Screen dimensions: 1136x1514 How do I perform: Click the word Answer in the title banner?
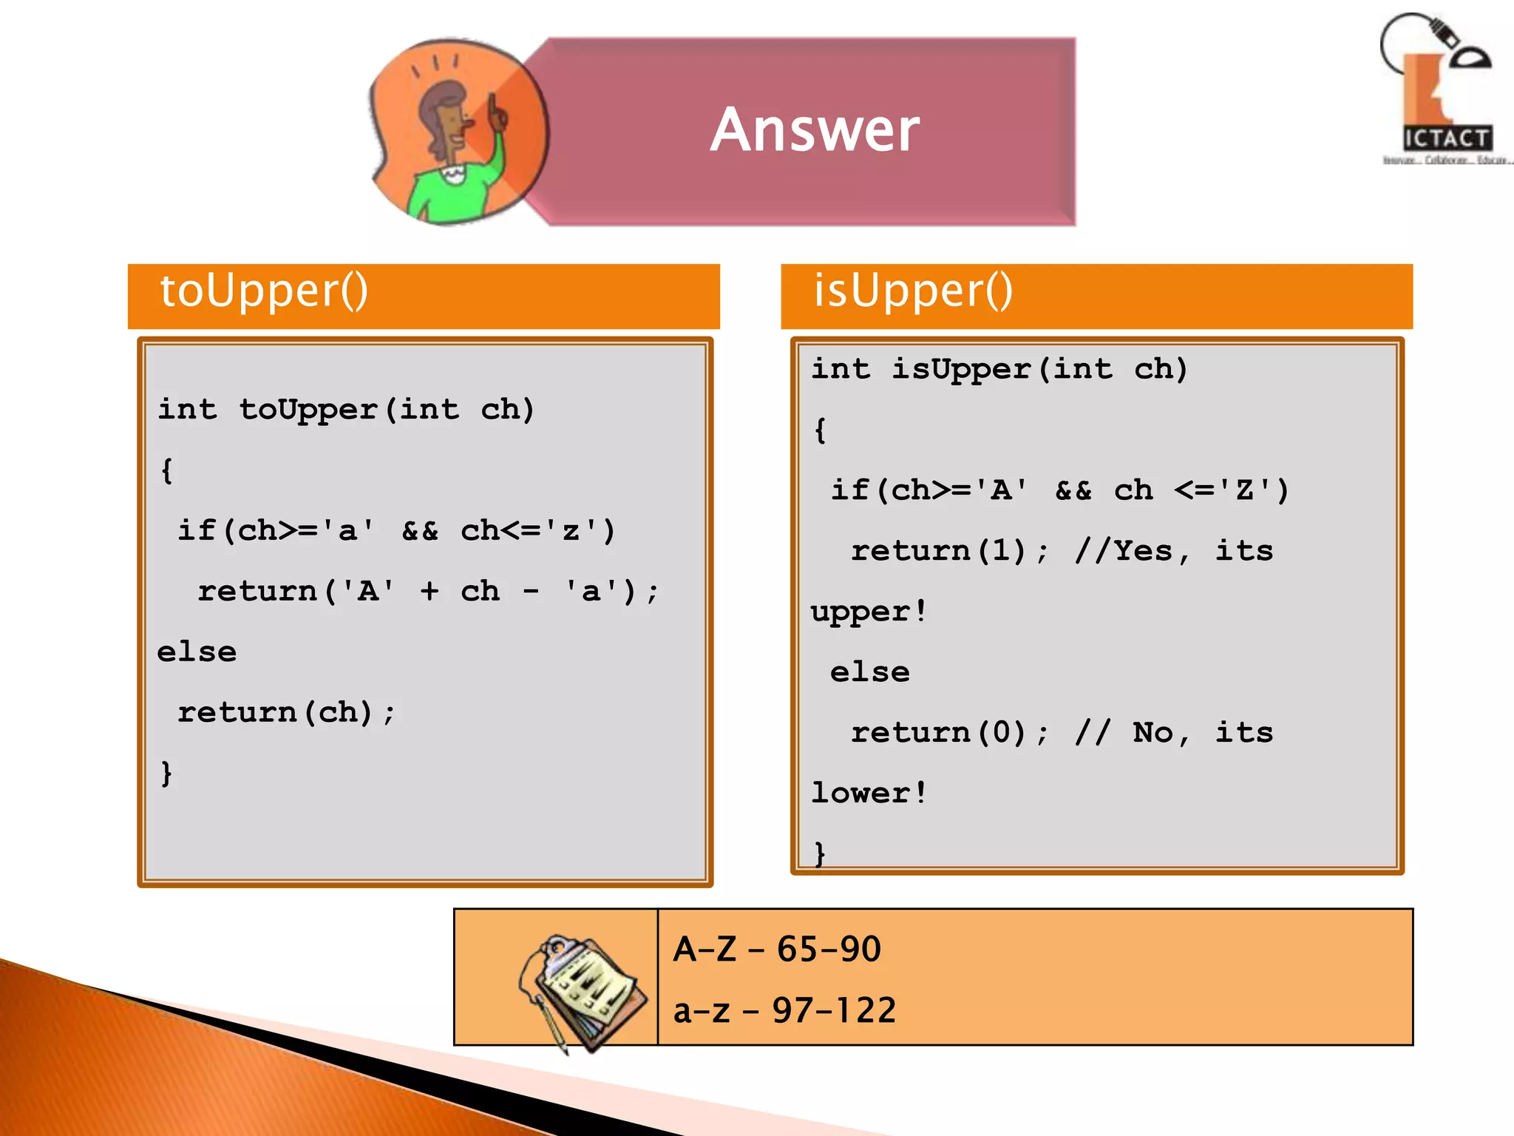[815, 130]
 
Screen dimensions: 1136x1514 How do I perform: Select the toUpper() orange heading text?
[264, 291]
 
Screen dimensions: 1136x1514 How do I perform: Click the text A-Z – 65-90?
[777, 949]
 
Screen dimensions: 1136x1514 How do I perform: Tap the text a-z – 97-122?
[784, 1010]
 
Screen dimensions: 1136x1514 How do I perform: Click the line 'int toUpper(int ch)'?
[346, 410]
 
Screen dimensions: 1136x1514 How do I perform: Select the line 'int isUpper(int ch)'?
[999, 369]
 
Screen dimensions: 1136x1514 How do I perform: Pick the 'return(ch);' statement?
[287, 712]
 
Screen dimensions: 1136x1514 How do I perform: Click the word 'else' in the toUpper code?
[197, 652]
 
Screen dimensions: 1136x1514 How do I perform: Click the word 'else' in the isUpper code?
[869, 672]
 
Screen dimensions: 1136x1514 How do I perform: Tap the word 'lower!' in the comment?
[869, 794]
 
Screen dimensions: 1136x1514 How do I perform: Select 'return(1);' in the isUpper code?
[949, 551]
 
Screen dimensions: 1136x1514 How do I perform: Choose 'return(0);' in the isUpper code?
[949, 733]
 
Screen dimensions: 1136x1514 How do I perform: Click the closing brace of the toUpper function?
[166, 774]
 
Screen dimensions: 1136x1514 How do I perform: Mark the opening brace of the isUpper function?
[820, 430]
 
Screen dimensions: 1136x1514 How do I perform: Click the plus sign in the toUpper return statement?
[430, 591]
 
